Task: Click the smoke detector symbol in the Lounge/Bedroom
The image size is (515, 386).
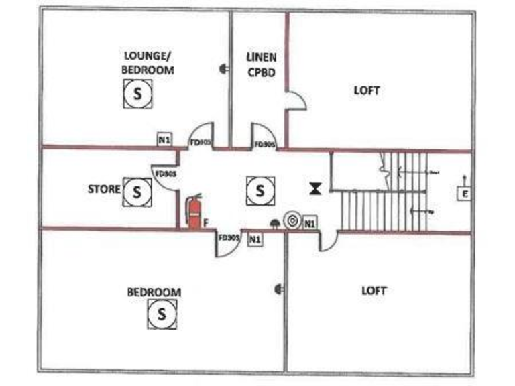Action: [138, 94]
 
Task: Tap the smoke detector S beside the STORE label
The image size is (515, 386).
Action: [137, 192]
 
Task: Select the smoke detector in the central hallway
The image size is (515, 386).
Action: [260, 191]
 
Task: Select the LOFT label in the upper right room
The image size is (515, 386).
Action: [367, 90]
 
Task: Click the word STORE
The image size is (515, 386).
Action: [104, 190]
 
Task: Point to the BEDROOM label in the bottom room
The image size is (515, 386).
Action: [154, 292]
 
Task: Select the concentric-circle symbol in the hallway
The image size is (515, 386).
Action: [292, 220]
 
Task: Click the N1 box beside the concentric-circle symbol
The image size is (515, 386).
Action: [309, 223]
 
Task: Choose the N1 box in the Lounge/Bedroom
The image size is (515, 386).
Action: [164, 139]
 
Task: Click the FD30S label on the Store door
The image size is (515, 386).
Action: [165, 174]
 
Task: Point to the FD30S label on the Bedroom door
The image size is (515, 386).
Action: [228, 237]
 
